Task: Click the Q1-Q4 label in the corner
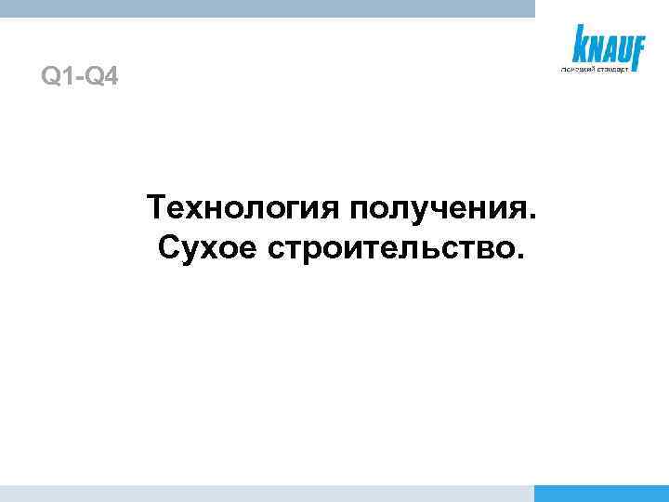click(80, 74)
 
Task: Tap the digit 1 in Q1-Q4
click(66, 74)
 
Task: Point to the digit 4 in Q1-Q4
click(111, 74)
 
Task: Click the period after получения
click(531, 217)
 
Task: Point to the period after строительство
click(518, 258)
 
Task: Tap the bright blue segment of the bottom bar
click(602, 493)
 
